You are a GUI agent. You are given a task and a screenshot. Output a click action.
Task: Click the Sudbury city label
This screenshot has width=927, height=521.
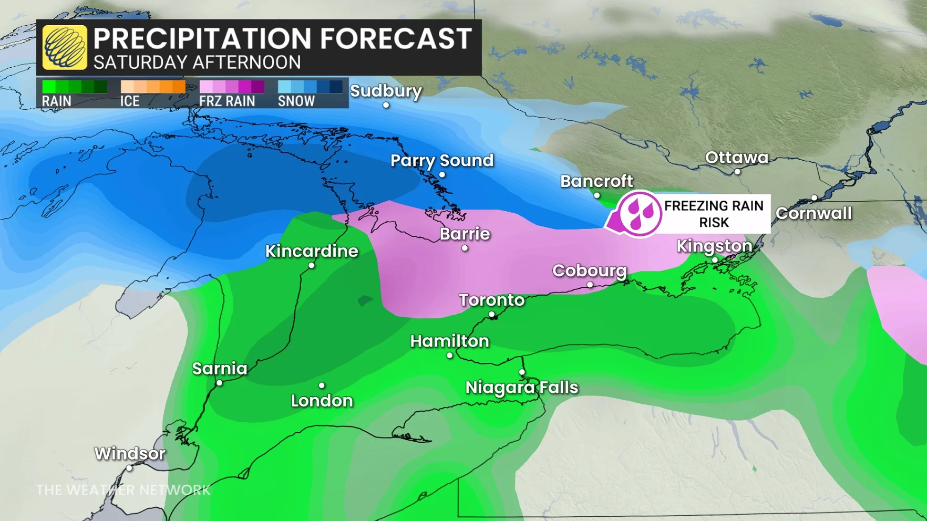386,91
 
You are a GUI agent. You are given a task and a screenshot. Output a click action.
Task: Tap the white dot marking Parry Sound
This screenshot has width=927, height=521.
442,175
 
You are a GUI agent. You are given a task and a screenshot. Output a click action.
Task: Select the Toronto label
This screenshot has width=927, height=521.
491,300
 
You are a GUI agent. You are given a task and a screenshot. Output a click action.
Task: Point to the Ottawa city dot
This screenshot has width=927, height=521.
737,172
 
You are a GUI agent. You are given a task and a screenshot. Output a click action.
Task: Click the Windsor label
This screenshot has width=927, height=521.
130,453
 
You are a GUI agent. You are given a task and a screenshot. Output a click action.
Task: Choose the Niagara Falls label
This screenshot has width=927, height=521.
521,388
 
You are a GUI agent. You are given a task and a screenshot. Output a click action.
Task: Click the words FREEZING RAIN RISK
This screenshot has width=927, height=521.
714,214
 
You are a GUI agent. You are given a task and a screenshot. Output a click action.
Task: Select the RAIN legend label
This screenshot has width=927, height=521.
56,101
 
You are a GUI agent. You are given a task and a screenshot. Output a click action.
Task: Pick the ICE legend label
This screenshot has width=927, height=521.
130,101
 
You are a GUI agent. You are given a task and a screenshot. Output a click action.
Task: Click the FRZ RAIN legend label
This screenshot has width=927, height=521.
227,101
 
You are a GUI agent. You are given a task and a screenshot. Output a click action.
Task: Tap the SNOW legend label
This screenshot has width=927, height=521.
296,101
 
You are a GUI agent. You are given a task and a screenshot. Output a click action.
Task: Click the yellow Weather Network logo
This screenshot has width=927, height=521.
65,47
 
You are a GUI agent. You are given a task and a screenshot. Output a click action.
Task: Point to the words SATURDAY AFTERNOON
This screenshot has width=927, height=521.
197,62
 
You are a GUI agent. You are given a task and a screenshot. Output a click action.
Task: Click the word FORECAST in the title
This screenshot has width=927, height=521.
395,39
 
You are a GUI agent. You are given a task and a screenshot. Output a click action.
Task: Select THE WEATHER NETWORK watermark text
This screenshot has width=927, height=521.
123,490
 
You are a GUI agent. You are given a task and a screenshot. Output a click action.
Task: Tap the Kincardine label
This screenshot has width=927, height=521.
312,251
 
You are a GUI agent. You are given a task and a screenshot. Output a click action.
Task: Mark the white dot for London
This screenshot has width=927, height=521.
322,385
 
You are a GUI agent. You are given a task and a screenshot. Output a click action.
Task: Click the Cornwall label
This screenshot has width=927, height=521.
813,213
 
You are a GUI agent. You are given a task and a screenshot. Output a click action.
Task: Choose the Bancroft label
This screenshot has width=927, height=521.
596,181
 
